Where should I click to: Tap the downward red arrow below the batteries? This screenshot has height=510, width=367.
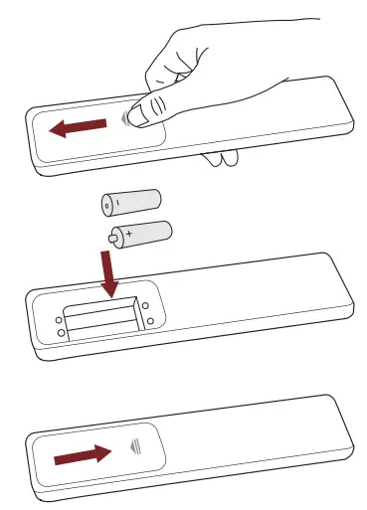(108, 273)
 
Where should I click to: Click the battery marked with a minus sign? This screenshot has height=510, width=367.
(130, 202)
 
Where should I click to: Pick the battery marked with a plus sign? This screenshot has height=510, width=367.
(140, 235)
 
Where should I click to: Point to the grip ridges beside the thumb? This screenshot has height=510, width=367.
(124, 117)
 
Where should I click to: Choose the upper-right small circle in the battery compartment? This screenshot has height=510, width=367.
(145, 305)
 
